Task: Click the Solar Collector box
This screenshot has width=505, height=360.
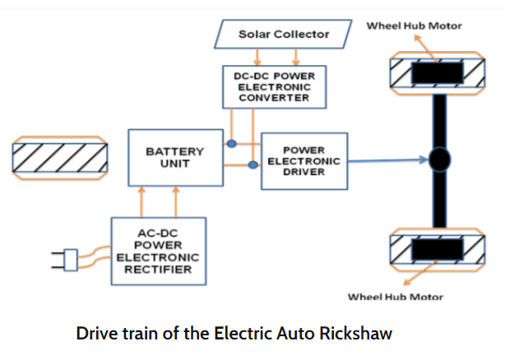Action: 283,34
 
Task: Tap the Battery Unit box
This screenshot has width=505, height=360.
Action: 174,157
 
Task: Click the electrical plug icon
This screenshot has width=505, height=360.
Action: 67,261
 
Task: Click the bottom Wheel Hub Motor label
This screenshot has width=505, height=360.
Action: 396,296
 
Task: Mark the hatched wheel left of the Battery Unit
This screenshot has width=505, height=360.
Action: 58,156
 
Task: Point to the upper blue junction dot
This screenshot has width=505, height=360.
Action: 233,144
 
